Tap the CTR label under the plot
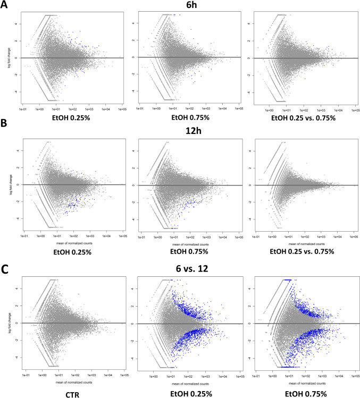pyautogui.click(x=73, y=392)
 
